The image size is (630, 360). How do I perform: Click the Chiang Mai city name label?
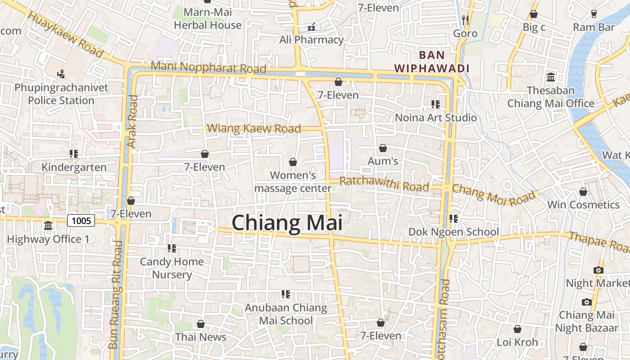pyautogui.click(x=287, y=223)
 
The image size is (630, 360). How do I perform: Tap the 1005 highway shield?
pyautogui.click(x=81, y=220)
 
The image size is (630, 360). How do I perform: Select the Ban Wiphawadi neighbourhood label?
pyautogui.click(x=432, y=62)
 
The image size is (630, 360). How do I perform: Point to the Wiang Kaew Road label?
pyautogui.click(x=254, y=129)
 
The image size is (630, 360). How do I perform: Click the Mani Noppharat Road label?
pyautogui.click(x=208, y=67)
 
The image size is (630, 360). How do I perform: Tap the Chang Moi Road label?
pyautogui.click(x=494, y=194)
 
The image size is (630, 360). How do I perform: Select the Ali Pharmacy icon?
pyautogui.click(x=311, y=27)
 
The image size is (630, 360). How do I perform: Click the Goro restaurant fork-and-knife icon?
pyautogui.click(x=465, y=20)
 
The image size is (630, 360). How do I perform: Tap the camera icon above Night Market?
pyautogui.click(x=598, y=270)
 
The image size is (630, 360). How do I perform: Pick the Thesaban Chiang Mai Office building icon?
pyautogui.click(x=551, y=77)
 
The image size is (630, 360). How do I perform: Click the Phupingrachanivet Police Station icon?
pyautogui.click(x=61, y=74)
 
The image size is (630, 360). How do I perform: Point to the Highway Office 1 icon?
pyautogui.click(x=48, y=226)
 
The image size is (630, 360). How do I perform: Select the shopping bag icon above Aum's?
pyautogui.click(x=382, y=148)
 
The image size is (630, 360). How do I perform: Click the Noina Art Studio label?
pyautogui.click(x=436, y=118)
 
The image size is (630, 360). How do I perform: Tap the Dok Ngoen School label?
pyautogui.click(x=454, y=232)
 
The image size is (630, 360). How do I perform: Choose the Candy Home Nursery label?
pyautogui.click(x=172, y=268)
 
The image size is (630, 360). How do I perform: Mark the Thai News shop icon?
pyautogui.click(x=201, y=324)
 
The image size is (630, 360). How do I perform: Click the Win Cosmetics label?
pyautogui.click(x=583, y=205)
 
